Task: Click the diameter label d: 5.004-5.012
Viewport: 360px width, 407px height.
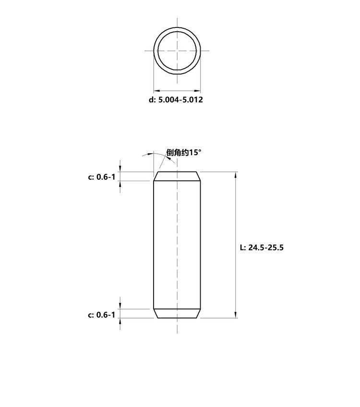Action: [176, 99]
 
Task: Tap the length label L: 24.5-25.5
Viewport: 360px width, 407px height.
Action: [262, 247]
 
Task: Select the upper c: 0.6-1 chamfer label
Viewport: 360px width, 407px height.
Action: [101, 177]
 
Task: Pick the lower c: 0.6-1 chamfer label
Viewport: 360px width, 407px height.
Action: [101, 315]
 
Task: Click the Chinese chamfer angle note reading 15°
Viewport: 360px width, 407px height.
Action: [184, 152]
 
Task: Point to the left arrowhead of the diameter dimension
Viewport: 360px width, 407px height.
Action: [157, 91]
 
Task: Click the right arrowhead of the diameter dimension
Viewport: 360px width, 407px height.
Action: [197, 91]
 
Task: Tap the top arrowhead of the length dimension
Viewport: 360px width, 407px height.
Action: [236, 175]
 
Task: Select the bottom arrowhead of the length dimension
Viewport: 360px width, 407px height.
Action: [236, 315]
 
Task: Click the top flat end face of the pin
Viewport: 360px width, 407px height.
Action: [177, 172]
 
